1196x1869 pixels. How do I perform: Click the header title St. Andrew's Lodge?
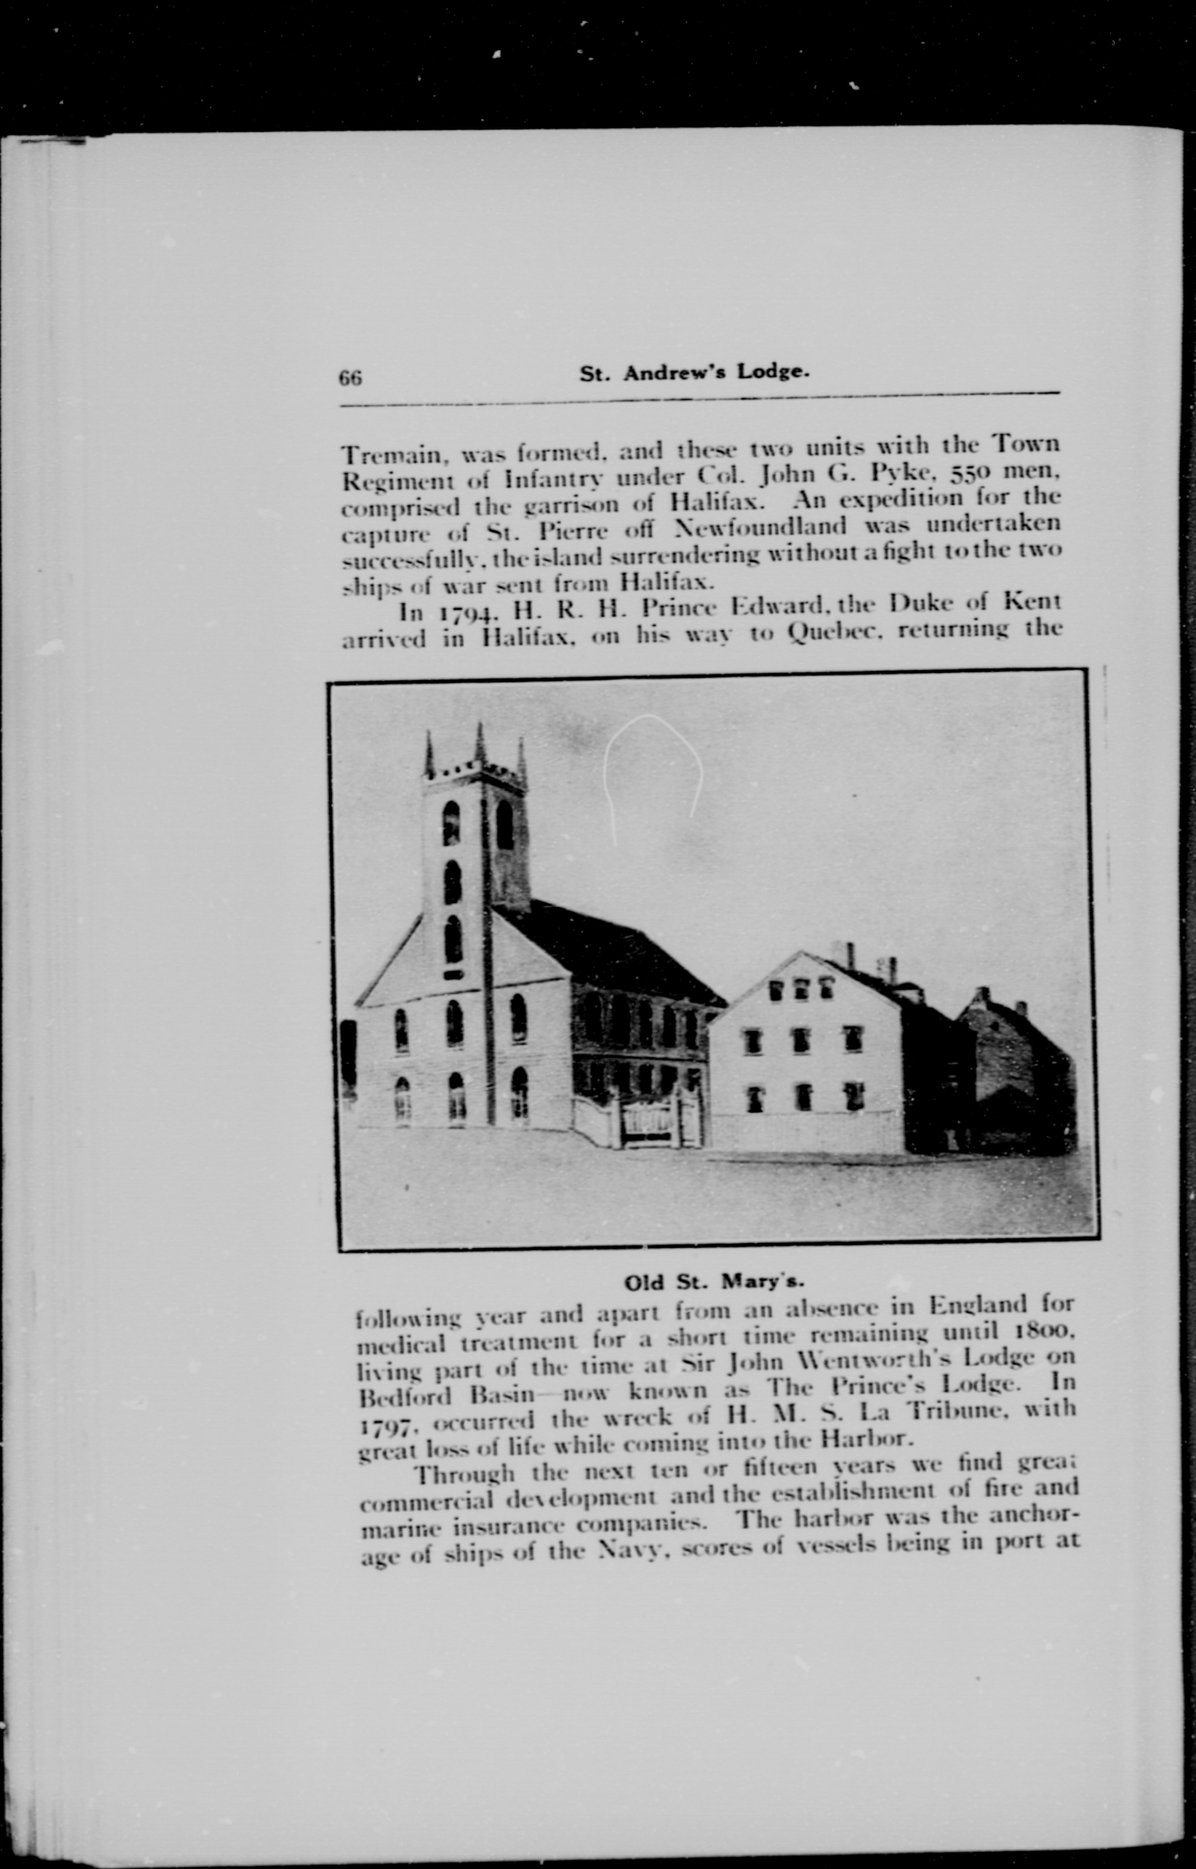(695, 373)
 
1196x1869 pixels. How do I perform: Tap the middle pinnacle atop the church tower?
(481, 742)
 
